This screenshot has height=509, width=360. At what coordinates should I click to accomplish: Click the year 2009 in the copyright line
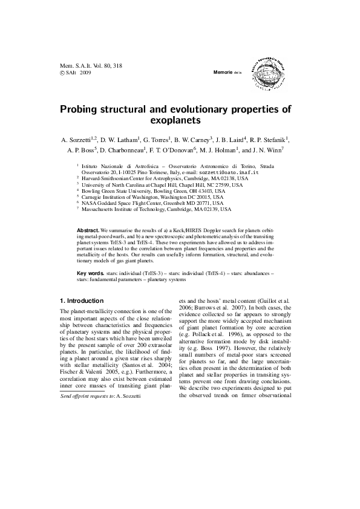85,72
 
